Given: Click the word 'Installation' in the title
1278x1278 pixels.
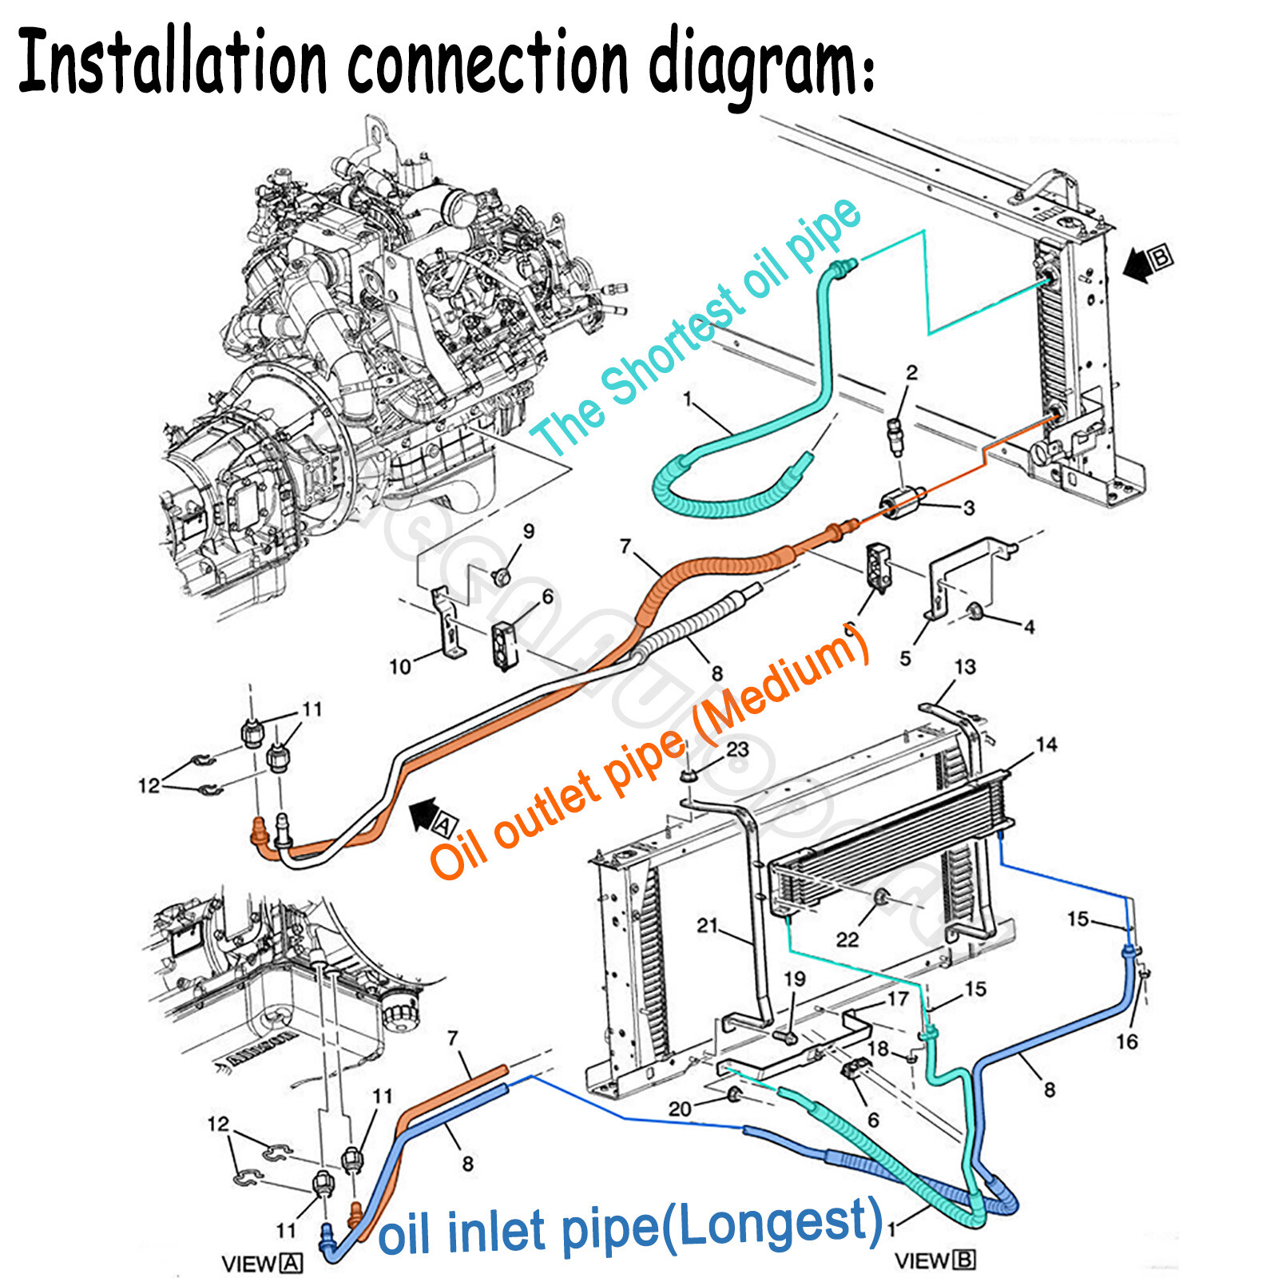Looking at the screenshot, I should (x=172, y=64).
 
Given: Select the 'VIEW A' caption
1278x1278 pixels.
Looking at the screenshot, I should (x=262, y=1264).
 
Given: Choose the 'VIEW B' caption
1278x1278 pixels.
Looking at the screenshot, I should (x=935, y=1260).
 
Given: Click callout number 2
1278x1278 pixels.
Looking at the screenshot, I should (x=911, y=371).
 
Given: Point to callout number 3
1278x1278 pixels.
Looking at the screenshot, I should (x=968, y=508).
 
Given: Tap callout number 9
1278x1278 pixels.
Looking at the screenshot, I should (x=529, y=531).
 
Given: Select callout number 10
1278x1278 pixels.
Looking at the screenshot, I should (x=399, y=665).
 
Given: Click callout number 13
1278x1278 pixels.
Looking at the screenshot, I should (x=965, y=666).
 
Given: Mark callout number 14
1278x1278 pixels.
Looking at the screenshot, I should (x=1046, y=744).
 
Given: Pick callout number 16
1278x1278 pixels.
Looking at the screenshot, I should (x=1126, y=1041).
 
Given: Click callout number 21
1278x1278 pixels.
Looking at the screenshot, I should (x=708, y=925).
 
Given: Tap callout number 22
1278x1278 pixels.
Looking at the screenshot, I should (x=847, y=939).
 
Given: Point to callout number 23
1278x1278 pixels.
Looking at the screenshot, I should (x=737, y=748).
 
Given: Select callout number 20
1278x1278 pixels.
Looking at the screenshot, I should (x=680, y=1109).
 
